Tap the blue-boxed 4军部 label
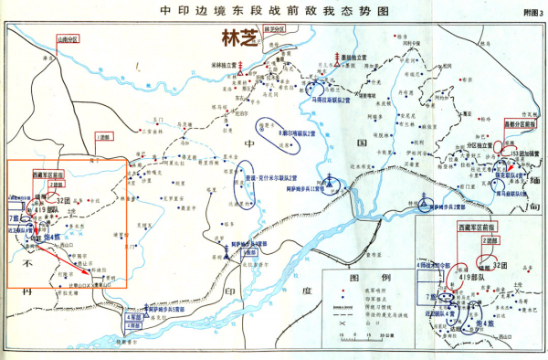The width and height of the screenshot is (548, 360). (133, 316)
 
